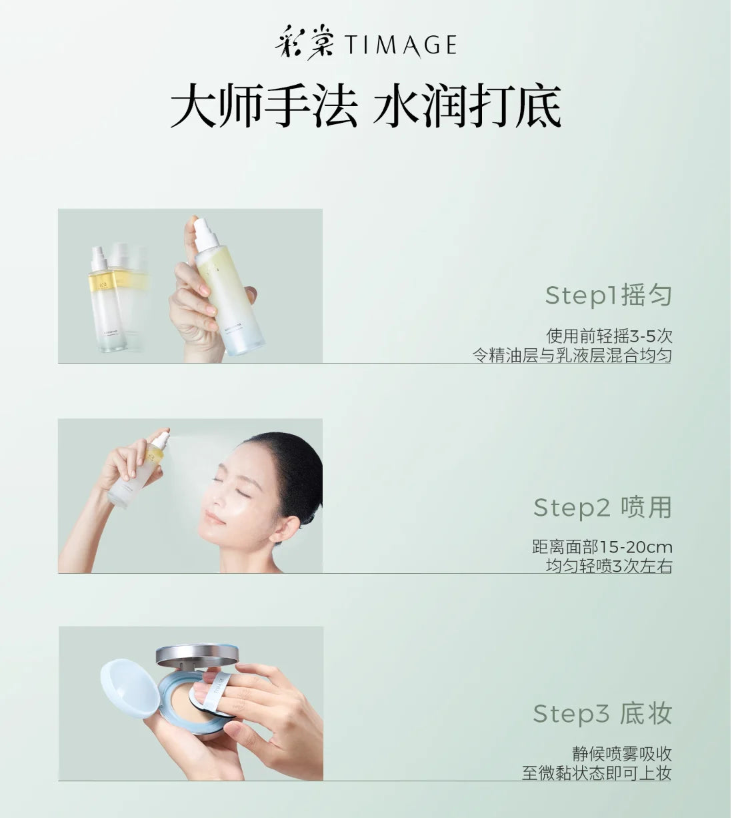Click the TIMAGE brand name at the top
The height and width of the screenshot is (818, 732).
tap(401, 45)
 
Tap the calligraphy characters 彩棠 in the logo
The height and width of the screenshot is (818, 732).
tap(305, 43)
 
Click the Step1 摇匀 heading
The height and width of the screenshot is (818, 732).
tap(608, 295)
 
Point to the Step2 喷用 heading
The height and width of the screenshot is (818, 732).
tap(603, 507)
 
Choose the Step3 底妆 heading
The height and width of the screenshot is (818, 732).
tap(603, 713)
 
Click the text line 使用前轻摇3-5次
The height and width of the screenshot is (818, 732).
tap(609, 336)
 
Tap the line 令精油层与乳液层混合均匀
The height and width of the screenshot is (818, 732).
tap(572, 356)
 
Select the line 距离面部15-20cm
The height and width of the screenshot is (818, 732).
tap(602, 547)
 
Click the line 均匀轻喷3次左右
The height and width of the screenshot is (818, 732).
tap(609, 566)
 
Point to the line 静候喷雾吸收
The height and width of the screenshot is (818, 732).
tap(622, 753)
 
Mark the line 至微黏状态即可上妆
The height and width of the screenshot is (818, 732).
tap(597, 773)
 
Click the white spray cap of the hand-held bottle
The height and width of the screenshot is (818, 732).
tap(205, 234)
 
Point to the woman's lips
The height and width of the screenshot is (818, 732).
tap(213, 517)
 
